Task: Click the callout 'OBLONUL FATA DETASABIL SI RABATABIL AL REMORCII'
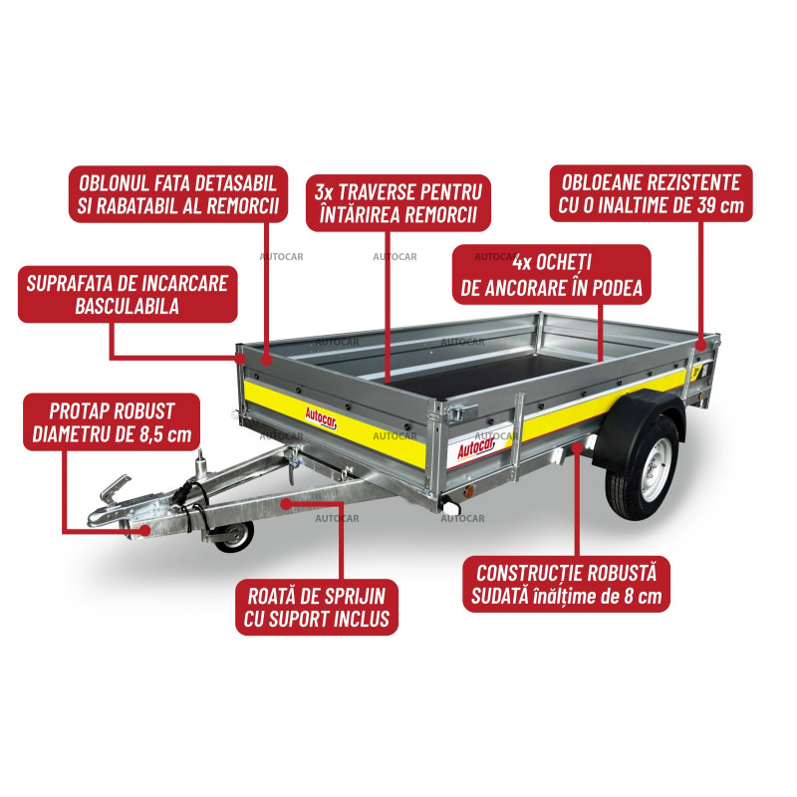[178, 194]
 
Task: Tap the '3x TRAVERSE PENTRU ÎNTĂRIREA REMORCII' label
[398, 203]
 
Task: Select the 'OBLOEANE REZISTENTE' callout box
[652, 193]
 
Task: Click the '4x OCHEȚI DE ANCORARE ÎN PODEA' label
[552, 275]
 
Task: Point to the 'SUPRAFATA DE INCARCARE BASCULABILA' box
[128, 294]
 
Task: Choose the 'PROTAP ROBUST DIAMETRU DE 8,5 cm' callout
[112, 421]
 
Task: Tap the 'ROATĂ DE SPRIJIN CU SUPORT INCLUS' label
[317, 607]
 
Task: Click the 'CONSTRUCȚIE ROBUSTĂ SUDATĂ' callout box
[566, 584]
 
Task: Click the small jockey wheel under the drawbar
[235, 536]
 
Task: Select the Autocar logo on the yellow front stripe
[321, 417]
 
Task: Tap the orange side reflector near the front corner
[469, 491]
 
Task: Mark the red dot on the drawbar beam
[286, 504]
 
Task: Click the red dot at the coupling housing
[145, 530]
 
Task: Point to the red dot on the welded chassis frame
[577, 446]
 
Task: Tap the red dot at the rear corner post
[701, 345]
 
